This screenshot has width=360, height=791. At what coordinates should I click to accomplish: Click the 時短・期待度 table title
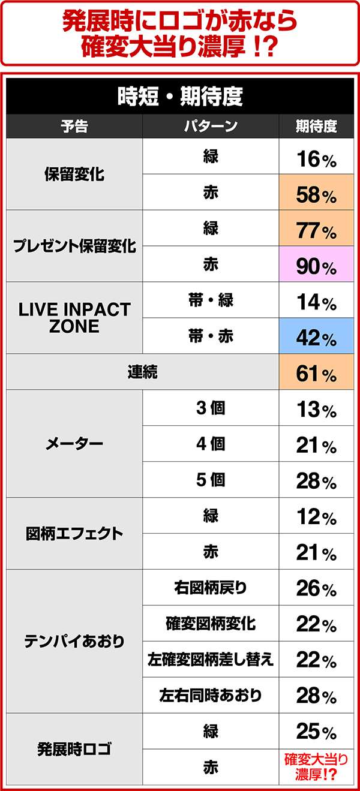[180, 97]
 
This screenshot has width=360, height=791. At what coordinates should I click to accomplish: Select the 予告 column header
[74, 127]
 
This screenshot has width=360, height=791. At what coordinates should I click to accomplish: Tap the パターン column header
[211, 127]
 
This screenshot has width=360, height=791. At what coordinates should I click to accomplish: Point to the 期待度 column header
[316, 127]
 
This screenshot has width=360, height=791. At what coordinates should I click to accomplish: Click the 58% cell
[316, 194]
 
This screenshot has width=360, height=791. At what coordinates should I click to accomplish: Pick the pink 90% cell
[316, 266]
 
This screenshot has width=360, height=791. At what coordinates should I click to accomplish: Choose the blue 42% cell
[316, 338]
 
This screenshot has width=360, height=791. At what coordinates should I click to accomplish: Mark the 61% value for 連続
[316, 374]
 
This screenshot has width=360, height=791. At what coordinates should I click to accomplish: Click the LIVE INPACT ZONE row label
[74, 318]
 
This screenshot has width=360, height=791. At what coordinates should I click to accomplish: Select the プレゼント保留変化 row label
[74, 246]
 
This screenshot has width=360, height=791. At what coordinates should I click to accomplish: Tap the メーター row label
[74, 444]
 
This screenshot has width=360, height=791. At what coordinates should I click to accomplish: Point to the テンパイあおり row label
[74, 641]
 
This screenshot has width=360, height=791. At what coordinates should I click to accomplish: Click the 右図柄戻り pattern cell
[211, 588]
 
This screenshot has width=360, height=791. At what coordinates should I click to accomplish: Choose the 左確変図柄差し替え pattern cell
[211, 660]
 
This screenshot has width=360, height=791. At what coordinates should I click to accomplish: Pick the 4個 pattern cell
[211, 444]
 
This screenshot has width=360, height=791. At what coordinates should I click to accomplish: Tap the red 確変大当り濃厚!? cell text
[316, 767]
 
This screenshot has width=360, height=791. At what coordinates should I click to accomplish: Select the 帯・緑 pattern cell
[211, 300]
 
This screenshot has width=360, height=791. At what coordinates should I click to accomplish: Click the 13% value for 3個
[316, 410]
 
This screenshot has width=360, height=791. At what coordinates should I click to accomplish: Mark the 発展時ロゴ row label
[74, 750]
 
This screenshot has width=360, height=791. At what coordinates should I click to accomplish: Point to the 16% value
[316, 158]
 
